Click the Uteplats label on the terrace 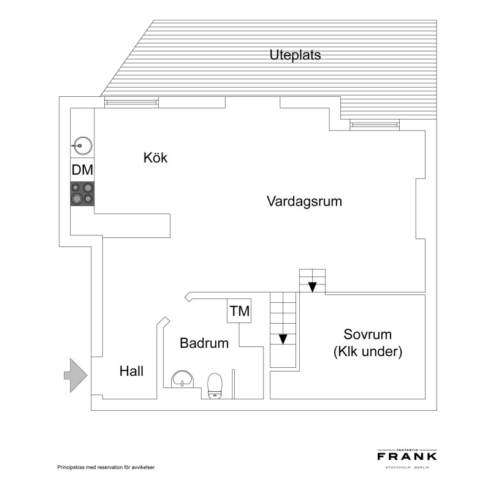(x=295, y=55)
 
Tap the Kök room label (x=155, y=158)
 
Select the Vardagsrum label (x=304, y=201)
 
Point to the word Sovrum (x=367, y=335)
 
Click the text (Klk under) (x=367, y=352)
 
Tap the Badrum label (x=204, y=343)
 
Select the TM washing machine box (x=239, y=311)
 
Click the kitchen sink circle (x=82, y=145)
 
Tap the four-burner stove (x=83, y=194)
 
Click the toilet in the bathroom (x=215, y=386)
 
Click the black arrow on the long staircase (x=283, y=338)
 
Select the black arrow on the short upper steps (x=313, y=286)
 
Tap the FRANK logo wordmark (x=406, y=456)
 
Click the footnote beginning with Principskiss (x=106, y=467)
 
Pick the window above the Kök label (x=132, y=101)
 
